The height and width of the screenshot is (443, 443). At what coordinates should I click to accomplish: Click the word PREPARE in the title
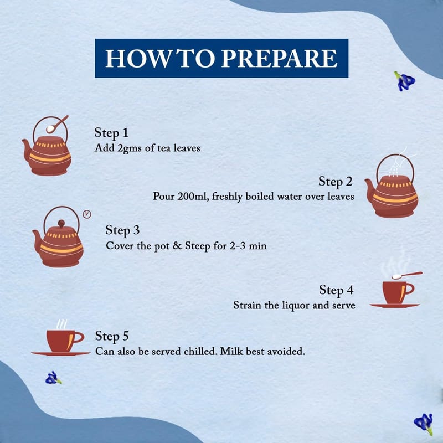click(x=279, y=58)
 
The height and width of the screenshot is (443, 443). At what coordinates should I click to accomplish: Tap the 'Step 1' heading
click(x=111, y=133)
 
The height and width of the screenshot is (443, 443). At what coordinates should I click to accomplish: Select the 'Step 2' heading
click(x=336, y=182)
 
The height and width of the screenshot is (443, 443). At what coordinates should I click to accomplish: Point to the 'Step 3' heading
click(x=122, y=230)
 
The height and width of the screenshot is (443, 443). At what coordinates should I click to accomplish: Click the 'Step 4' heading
click(x=336, y=290)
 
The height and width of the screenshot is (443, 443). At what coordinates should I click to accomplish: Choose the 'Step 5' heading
click(x=112, y=336)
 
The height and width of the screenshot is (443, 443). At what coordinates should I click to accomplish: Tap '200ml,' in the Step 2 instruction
click(x=193, y=197)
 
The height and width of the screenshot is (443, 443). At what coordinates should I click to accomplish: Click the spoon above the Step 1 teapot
click(x=57, y=124)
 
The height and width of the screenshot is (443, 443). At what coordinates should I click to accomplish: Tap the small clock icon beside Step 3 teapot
click(x=87, y=214)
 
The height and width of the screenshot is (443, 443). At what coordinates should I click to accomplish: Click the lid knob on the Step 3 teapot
click(x=61, y=224)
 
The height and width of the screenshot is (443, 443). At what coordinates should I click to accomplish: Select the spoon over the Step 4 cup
click(x=407, y=275)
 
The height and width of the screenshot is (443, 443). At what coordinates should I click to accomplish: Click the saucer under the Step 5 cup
click(x=61, y=353)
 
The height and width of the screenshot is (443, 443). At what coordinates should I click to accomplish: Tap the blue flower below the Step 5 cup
click(x=53, y=378)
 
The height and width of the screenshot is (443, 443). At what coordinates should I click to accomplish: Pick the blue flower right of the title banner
click(x=405, y=81)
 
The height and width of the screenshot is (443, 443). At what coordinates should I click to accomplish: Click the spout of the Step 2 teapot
click(x=369, y=190)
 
